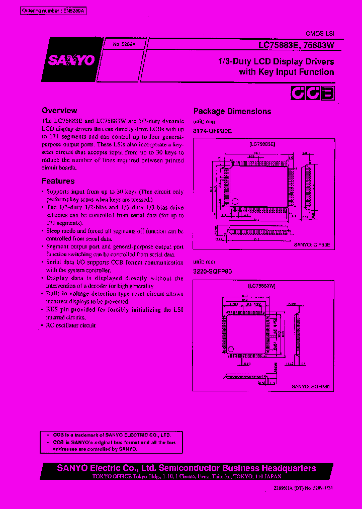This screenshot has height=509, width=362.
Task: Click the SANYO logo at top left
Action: coord(71,60)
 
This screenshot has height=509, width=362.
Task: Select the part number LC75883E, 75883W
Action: coord(296,45)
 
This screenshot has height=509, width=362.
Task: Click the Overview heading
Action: coord(59,111)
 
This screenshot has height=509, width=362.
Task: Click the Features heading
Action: coord(58,181)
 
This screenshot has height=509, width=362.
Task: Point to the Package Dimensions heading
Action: coord(232,112)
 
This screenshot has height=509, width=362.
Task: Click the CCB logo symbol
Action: coord(313,94)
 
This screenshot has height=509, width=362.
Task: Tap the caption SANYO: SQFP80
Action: coord(312,386)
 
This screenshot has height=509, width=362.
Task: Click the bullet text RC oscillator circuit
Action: coord(71,325)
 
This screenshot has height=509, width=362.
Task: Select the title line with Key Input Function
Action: coord(287,72)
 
